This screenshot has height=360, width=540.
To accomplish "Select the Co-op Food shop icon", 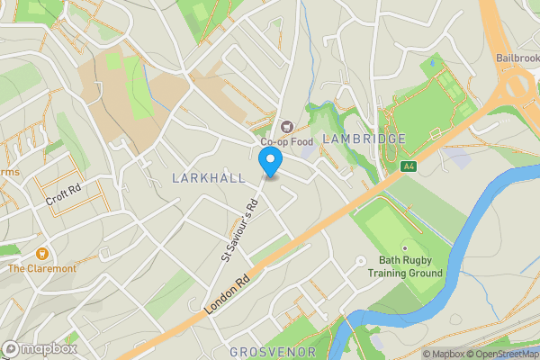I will pyautogui.click(x=287, y=127).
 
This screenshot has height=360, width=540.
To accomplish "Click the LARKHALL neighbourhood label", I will pyautogui.click(x=208, y=178).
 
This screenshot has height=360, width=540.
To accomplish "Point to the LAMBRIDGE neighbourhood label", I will pyautogui.click(x=364, y=139).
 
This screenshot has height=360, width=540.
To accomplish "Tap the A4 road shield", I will pyautogui.click(x=409, y=166).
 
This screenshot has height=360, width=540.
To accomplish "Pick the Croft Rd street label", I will pyautogui.click(x=63, y=194).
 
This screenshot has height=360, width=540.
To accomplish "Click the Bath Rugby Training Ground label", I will pyautogui.click(x=409, y=267).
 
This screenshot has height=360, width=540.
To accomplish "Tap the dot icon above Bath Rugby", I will pyautogui.click(x=404, y=247).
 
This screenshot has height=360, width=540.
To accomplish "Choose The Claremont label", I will pyautogui.click(x=42, y=268).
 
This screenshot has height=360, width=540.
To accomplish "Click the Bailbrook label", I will pyautogui.click(x=517, y=58).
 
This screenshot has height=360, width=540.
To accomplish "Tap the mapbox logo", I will pyautogui.click(x=40, y=349).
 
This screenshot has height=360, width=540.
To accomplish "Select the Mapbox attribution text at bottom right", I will pyautogui.click(x=443, y=354).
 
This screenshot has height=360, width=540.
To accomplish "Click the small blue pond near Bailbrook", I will pyautogui.click(x=434, y=62).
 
